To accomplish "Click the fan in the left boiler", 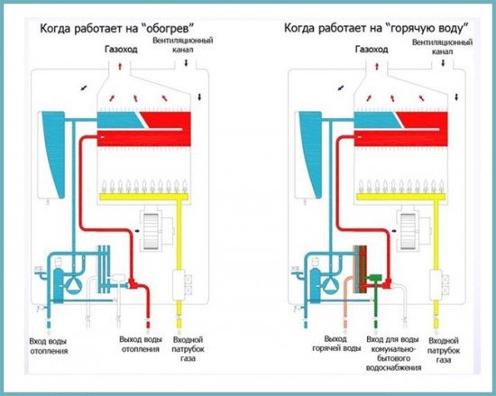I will point(151,228).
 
